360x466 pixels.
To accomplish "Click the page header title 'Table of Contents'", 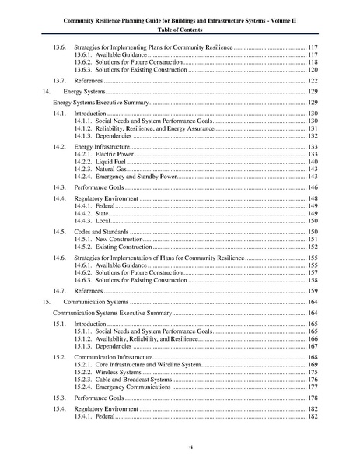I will [180, 29].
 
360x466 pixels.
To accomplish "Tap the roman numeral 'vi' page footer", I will [180, 447].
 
